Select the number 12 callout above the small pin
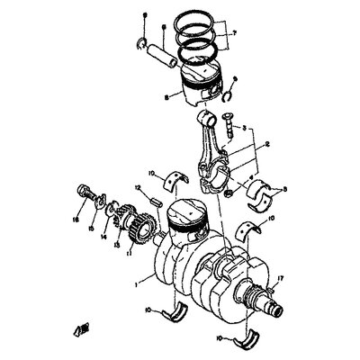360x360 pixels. tap(138, 188)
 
